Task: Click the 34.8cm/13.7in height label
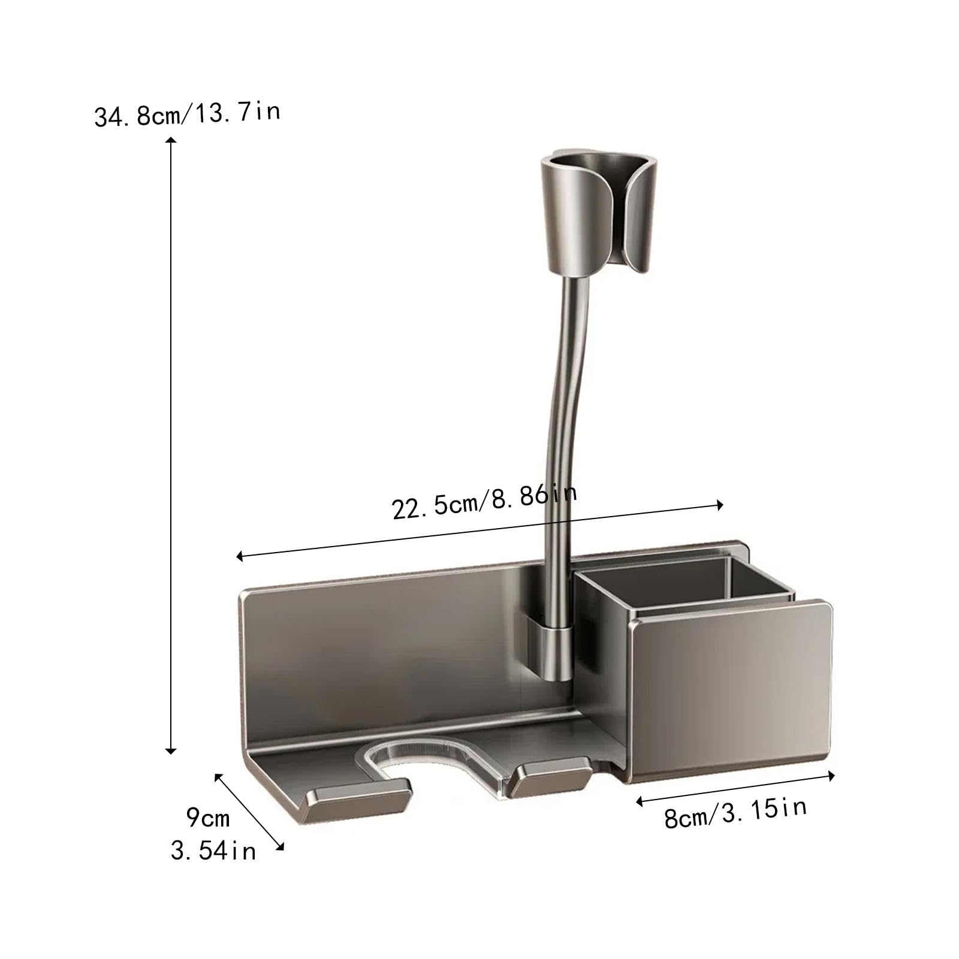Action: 187,113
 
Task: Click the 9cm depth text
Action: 207,817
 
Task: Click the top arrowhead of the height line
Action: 171,140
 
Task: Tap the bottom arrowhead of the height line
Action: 171,750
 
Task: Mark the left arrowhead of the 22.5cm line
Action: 239,557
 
